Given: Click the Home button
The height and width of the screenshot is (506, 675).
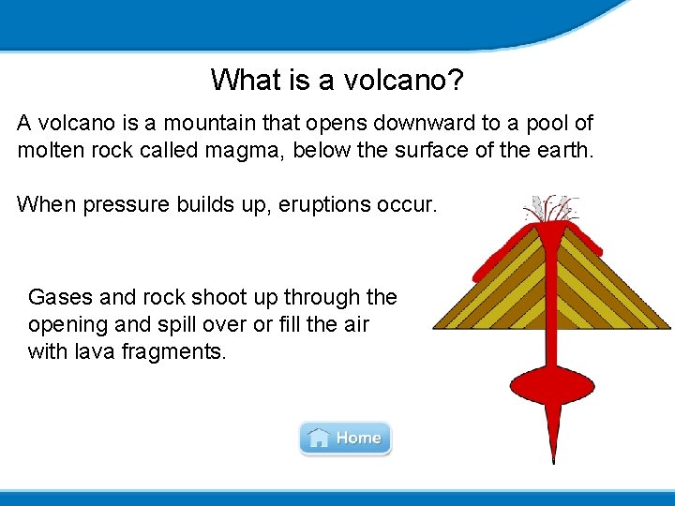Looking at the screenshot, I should pos(345,438).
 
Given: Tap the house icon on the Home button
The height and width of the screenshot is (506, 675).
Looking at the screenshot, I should pos(319,438).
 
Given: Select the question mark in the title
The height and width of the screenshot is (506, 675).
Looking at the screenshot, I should pos(454,80).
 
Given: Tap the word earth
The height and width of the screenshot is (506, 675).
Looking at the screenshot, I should pos(566,150).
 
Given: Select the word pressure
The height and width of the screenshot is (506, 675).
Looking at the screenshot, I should pos(125,203).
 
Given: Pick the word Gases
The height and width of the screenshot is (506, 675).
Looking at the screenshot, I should pos(60,298).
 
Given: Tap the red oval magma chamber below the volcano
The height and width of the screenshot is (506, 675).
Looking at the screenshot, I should pos(551,383).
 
